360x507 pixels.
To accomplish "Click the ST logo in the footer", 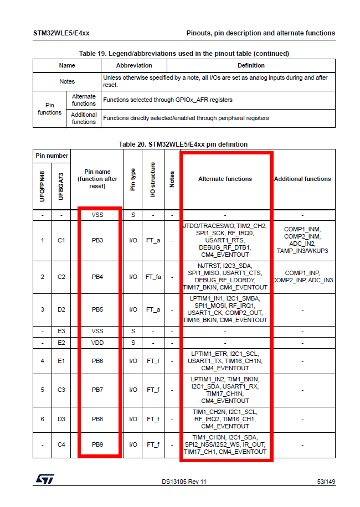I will coord(44,479).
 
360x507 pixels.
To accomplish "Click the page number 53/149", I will coord(326,482).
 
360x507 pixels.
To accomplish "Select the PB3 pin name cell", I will coord(97,240).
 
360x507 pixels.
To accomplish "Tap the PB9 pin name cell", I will coord(97,444).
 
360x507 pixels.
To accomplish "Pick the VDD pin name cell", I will coord(97,343).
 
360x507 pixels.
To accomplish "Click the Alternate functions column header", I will coord(225,179).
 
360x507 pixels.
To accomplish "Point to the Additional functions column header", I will coord(302,179).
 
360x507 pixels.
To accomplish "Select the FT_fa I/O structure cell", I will coord(153,277).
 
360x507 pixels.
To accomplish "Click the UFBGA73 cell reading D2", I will coord(61,309).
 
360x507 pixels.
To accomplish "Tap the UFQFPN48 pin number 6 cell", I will coord(42,419).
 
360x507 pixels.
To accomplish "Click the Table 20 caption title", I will coord(183,144).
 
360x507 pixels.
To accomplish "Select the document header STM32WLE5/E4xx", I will coord(61,33).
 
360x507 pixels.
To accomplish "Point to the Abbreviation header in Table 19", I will coord(133,65).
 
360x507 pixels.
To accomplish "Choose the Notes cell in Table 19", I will coord(67,81).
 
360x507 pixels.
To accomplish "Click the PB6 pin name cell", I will coord(97,361).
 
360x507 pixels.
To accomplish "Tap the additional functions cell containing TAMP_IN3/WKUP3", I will coord(302,240).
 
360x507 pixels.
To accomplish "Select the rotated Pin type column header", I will coord(133,179).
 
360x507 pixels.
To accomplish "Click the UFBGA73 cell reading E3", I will coord(61,331).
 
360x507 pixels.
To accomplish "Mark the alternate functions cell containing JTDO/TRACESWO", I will coord(225,240).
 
